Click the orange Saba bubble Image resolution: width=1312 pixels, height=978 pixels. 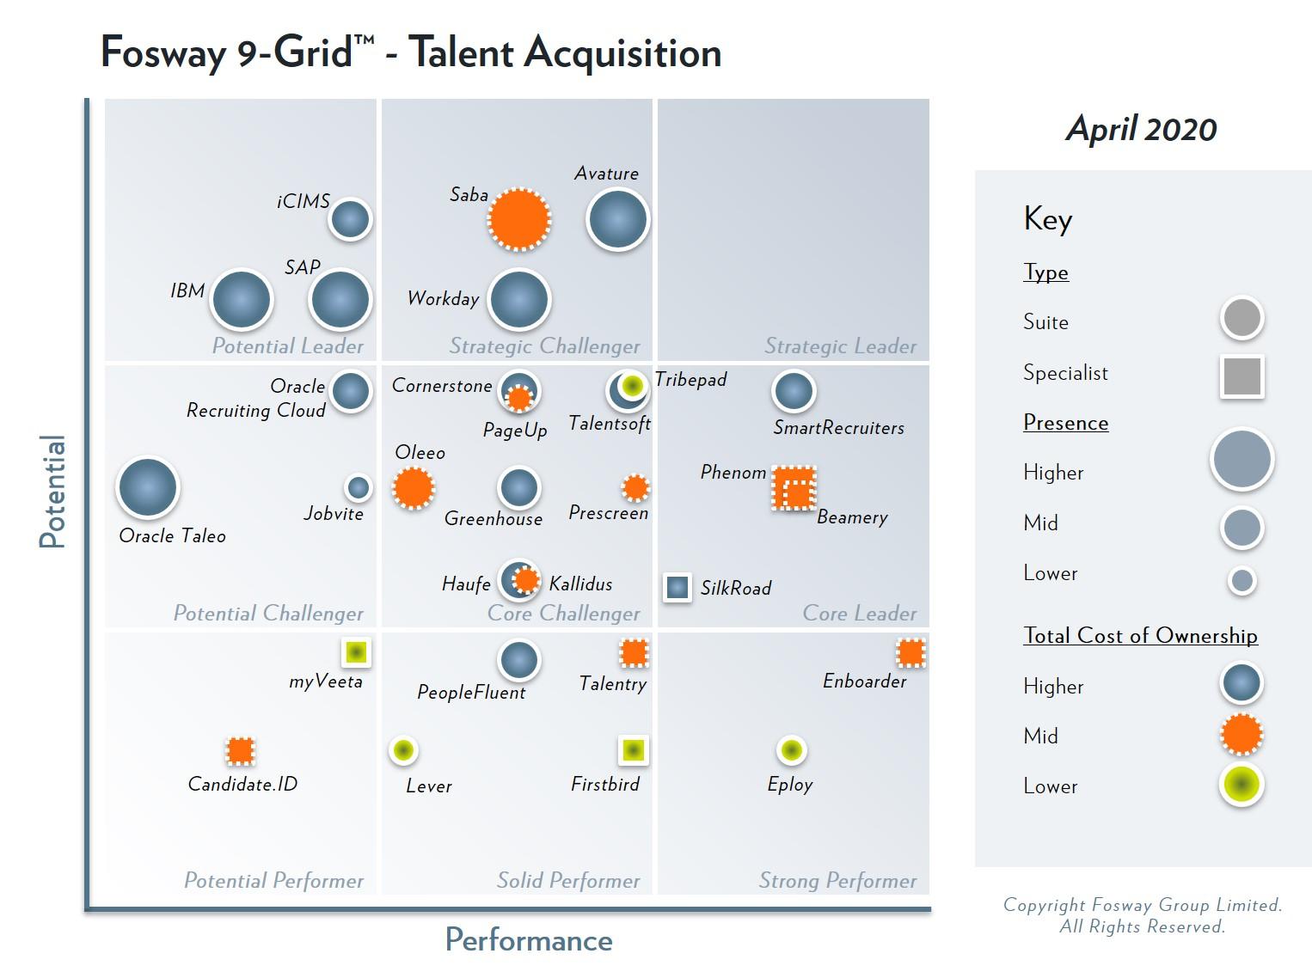(519, 219)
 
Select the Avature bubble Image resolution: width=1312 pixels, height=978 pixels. (617, 219)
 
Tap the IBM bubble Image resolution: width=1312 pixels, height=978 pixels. (242, 300)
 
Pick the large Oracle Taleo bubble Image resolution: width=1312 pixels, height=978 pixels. (148, 487)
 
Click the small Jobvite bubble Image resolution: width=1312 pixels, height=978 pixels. (359, 488)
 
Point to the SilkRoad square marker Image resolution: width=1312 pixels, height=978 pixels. (677, 587)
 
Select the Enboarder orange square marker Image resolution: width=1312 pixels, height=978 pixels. (910, 653)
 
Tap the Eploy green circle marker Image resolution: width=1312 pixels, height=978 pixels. (791, 750)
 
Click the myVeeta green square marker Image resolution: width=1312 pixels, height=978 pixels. (356, 652)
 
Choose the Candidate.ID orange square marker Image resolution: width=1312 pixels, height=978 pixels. (241, 750)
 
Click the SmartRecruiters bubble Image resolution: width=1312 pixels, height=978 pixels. (794, 391)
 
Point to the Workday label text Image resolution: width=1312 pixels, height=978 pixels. (443, 299)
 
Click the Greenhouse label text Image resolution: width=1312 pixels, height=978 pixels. (494, 519)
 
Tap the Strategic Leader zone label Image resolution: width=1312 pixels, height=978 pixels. (840, 346)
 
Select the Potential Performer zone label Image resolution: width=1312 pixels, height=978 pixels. (273, 881)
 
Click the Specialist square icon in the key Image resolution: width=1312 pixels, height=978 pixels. (1241, 376)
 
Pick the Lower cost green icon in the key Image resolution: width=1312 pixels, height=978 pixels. (1241, 784)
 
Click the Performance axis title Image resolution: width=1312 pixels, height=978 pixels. (529, 940)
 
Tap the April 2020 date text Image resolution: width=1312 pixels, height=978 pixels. (1141, 129)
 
